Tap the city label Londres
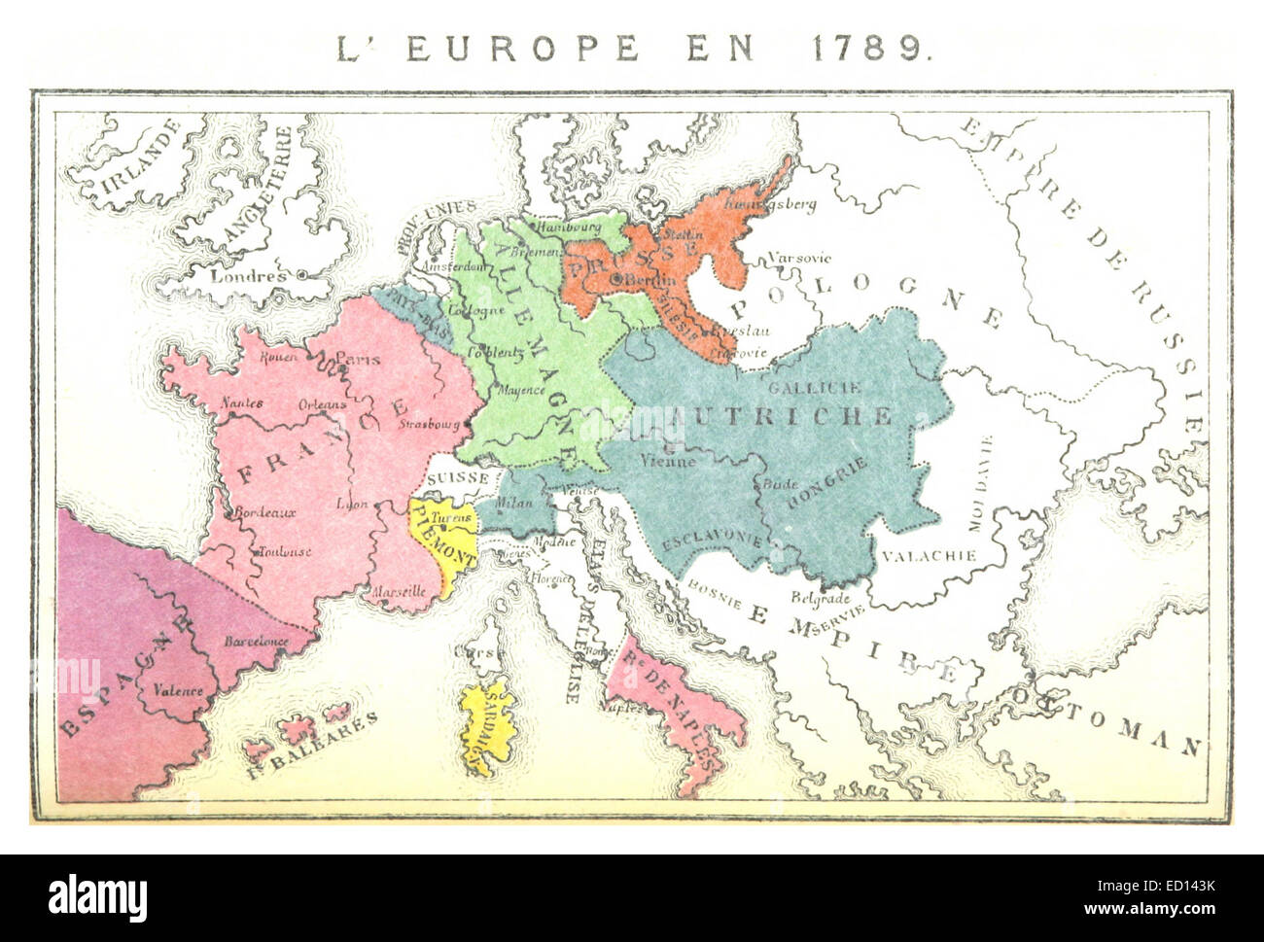tap(249, 275)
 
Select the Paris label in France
tap(358, 359)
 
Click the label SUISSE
tap(457, 478)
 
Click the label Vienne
tap(669, 462)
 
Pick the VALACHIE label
tap(929, 556)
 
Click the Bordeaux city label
tap(264, 512)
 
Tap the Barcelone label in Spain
tap(257, 642)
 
